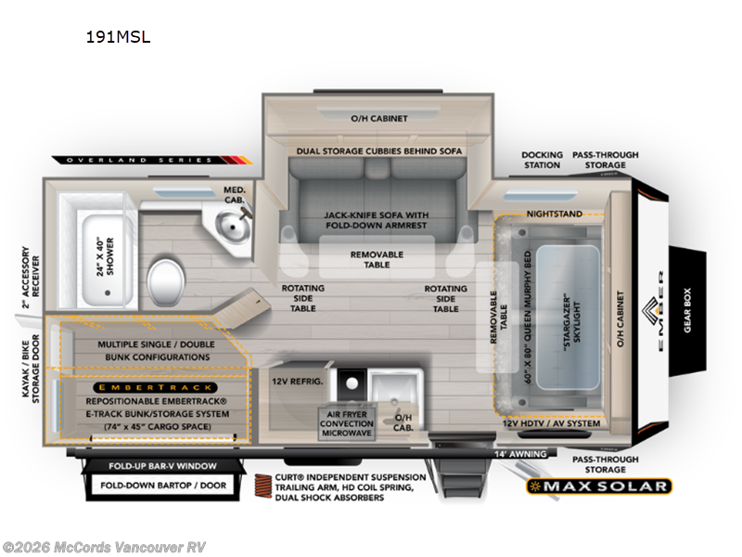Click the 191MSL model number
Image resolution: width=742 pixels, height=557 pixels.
[x=118, y=37]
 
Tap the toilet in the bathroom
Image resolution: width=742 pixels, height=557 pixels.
[x=166, y=283]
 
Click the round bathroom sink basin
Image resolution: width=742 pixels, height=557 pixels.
[x=233, y=226]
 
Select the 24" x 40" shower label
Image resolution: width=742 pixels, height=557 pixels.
[x=105, y=257]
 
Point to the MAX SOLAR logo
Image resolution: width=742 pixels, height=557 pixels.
[x=598, y=486]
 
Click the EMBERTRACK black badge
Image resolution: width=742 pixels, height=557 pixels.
[x=155, y=387]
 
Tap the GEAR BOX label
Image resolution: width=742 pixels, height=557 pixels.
[x=687, y=310]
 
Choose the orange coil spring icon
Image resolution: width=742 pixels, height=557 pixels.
[x=263, y=486]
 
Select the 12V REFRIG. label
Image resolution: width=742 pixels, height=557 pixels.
[x=297, y=382]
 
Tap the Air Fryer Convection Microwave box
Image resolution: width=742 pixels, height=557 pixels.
[x=347, y=423]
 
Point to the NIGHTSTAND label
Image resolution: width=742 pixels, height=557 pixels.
[x=554, y=214]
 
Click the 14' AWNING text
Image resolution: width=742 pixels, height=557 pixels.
[x=520, y=454]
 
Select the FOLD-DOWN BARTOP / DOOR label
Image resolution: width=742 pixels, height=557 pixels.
[x=163, y=486]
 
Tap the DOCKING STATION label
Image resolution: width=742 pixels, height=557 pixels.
[x=542, y=160]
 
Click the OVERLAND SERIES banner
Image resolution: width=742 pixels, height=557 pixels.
[x=151, y=160]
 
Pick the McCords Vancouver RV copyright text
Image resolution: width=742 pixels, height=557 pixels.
[x=104, y=547]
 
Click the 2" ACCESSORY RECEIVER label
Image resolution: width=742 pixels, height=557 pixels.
[x=31, y=277]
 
